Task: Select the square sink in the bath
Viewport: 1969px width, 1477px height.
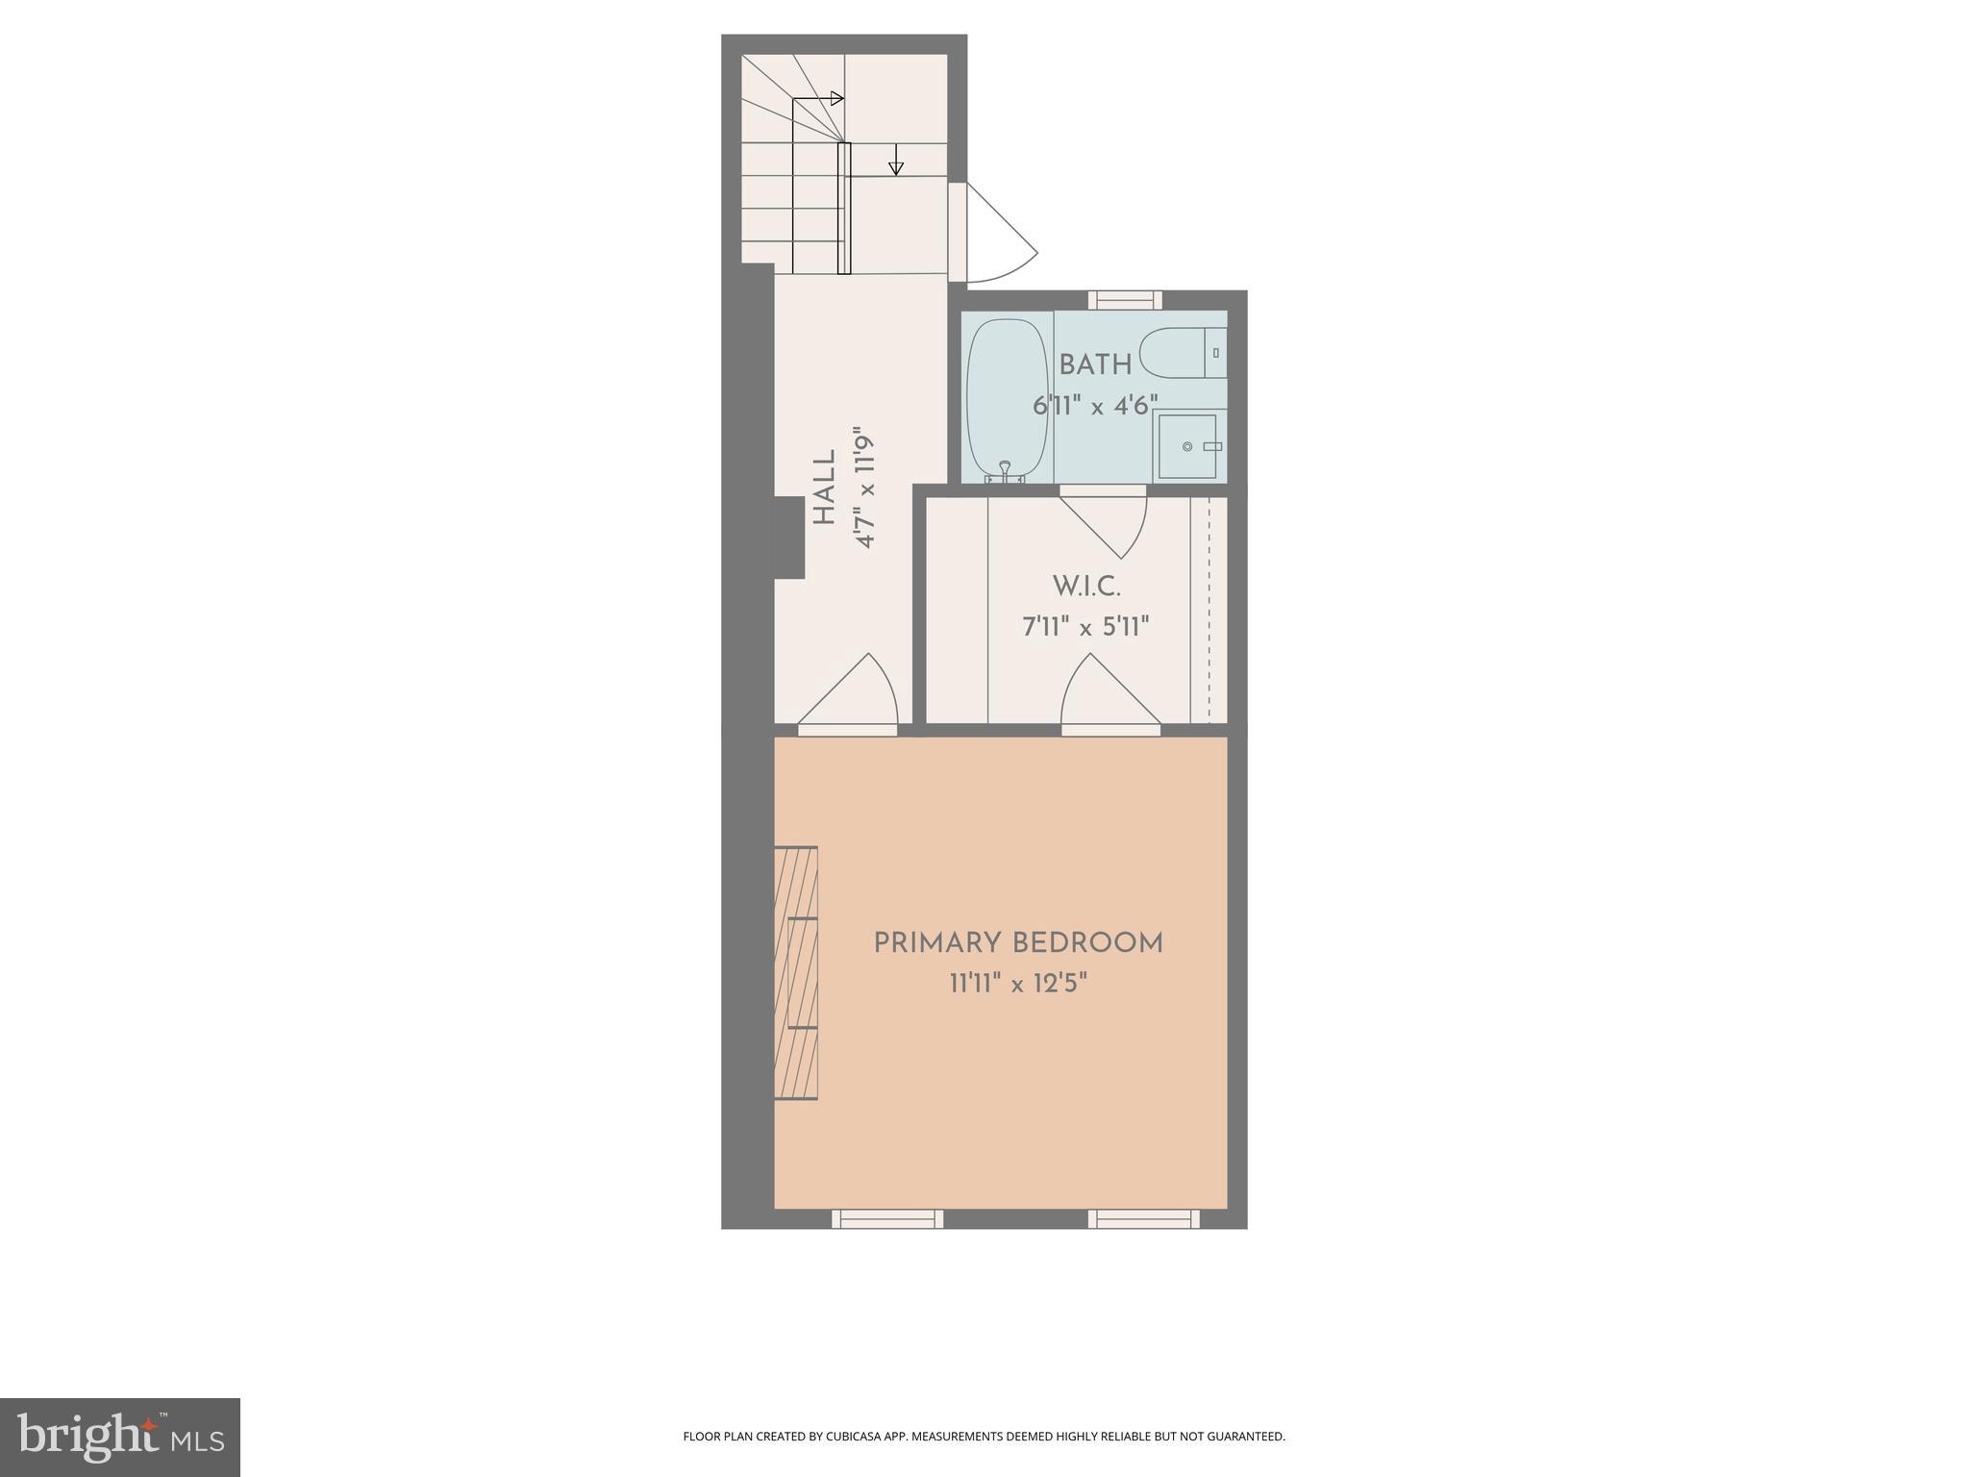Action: [x=1188, y=446]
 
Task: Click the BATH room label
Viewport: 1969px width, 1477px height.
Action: [x=1095, y=365]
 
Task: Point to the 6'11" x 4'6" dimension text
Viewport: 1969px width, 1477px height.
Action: [x=1095, y=406]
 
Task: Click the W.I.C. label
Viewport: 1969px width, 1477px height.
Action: [x=1086, y=586]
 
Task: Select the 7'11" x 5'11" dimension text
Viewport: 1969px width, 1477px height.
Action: [x=1085, y=628]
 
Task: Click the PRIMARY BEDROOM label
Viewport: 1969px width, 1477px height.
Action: [x=1018, y=943]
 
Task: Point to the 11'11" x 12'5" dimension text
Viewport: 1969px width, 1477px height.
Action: [x=1018, y=985]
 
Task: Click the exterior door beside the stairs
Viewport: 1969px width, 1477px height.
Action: [x=995, y=236]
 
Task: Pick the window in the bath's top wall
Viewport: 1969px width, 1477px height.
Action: [x=1125, y=300]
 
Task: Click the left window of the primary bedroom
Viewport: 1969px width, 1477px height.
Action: [x=887, y=1219]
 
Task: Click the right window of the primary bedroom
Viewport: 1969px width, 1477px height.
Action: [x=1144, y=1219]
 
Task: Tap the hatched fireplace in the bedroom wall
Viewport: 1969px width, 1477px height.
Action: [x=796, y=972]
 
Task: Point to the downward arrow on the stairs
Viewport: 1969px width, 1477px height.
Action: [x=896, y=161]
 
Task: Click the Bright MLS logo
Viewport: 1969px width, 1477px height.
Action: [x=120, y=1438]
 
